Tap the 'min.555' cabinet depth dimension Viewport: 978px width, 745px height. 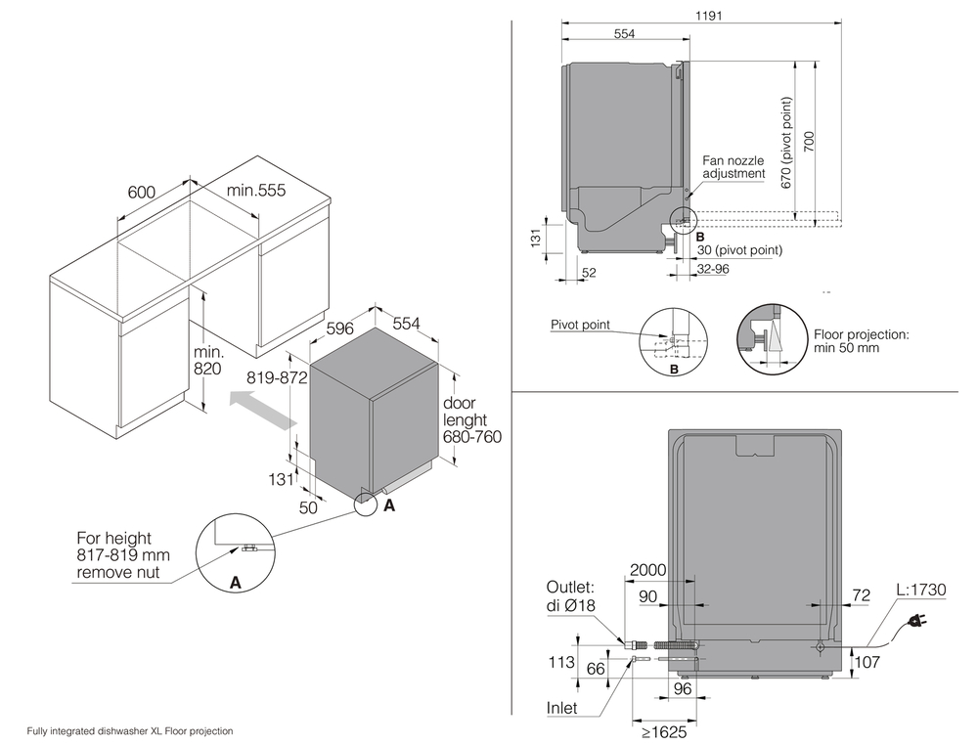click(x=256, y=192)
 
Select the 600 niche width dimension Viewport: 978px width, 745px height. click(x=142, y=193)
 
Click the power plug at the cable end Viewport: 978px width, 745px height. click(x=918, y=621)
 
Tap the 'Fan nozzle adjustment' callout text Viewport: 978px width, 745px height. click(x=733, y=165)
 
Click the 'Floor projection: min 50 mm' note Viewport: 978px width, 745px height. click(x=861, y=341)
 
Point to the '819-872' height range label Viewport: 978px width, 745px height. click(x=279, y=376)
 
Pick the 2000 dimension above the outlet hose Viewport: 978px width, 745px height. click(x=649, y=570)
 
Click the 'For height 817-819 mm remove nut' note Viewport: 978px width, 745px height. click(x=123, y=555)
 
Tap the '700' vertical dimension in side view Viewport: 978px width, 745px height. click(x=808, y=144)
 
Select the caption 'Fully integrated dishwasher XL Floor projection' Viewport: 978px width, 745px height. click(x=130, y=730)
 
